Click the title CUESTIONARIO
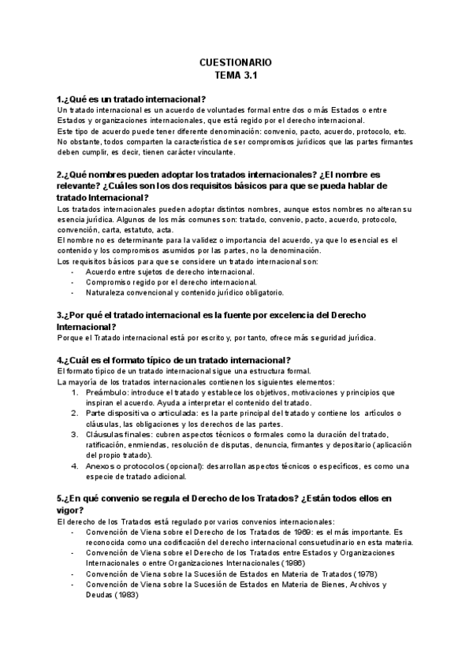coord(236,61)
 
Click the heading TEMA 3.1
coord(236,76)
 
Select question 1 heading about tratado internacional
coord(132,98)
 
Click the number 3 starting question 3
coord(60,315)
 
